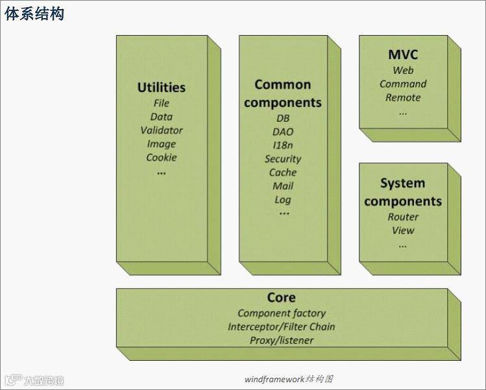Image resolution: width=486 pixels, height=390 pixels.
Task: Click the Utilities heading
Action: (x=162, y=87)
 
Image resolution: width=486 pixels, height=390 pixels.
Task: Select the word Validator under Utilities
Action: (x=162, y=130)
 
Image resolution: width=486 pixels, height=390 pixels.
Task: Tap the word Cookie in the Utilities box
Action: (x=162, y=158)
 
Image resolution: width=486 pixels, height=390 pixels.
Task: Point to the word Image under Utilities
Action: (x=162, y=144)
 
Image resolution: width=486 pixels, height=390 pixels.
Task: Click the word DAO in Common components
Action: (x=283, y=132)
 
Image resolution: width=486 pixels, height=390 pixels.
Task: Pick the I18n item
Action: (x=283, y=145)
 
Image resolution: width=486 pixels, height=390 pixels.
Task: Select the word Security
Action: (x=283, y=159)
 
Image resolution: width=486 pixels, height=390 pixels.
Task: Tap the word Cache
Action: (x=283, y=173)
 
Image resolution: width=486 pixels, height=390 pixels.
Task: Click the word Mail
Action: (x=283, y=186)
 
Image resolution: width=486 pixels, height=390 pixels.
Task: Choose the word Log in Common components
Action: (x=283, y=200)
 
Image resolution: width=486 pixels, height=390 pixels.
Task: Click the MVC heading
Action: (x=403, y=55)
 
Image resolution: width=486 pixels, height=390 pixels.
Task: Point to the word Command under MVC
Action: (x=403, y=84)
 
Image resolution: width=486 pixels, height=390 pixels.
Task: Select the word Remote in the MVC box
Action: (x=403, y=97)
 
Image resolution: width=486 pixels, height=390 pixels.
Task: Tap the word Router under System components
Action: (x=403, y=217)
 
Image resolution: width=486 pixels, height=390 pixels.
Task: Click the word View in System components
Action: (x=403, y=230)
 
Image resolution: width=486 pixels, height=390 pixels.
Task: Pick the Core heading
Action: (x=282, y=297)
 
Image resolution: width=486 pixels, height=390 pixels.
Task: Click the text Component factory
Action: (x=282, y=313)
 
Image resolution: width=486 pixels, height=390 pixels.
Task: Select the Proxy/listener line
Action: (x=282, y=340)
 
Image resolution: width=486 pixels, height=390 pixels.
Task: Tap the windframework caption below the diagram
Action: (x=289, y=379)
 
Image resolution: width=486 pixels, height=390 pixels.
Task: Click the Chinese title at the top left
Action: (x=34, y=14)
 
